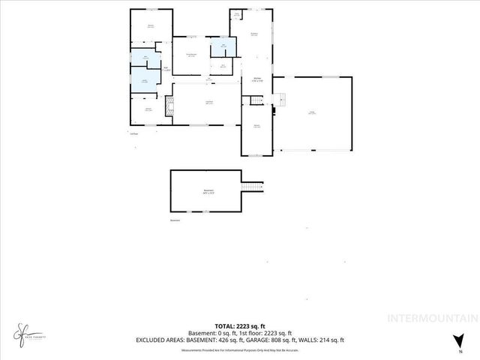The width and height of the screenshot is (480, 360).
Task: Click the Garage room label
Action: pos(311,113)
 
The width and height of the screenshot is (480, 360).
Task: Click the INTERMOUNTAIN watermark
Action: pos(430,318)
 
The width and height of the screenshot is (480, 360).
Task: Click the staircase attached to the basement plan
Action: pos(253,185)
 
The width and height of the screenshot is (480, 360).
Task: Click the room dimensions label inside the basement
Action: pos(208,192)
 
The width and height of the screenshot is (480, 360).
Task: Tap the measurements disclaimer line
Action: pos(239,348)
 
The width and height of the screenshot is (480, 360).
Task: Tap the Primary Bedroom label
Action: pos(191,55)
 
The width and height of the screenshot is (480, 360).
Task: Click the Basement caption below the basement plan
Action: pos(175,220)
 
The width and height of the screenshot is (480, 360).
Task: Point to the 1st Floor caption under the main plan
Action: pos(134,133)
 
